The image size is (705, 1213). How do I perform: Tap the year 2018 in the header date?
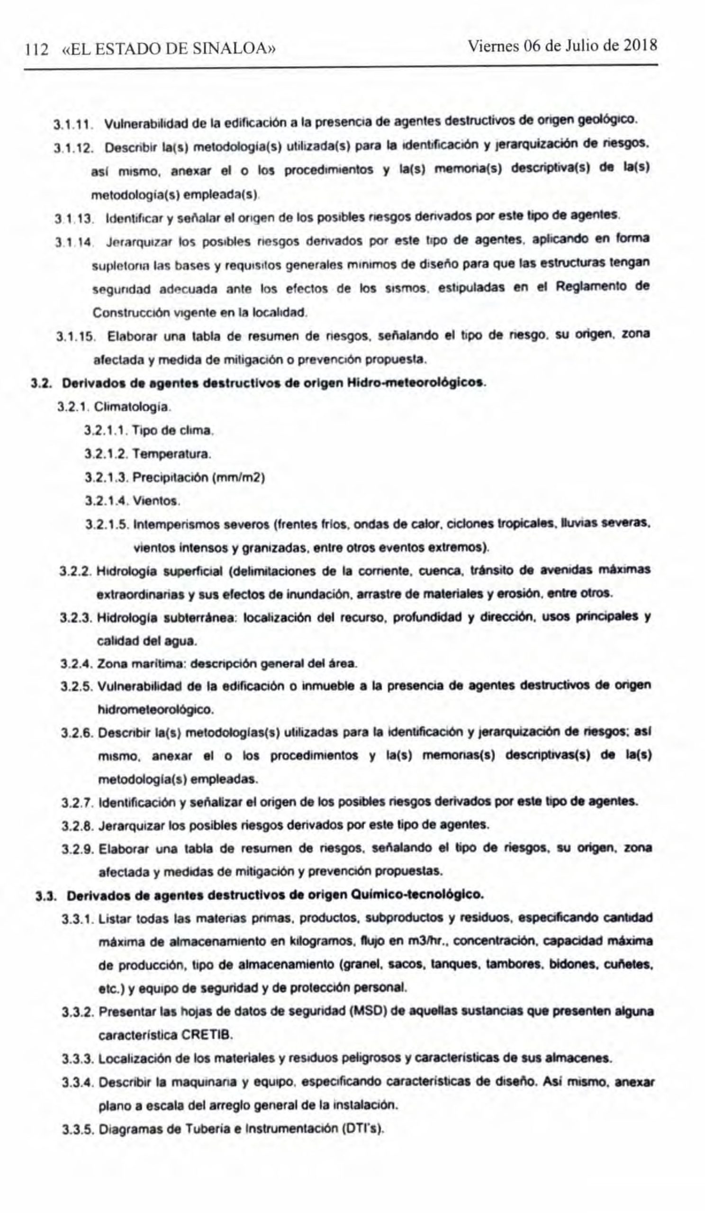click(641, 46)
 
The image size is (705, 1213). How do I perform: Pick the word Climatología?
click(132, 407)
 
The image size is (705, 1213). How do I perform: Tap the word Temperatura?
click(172, 454)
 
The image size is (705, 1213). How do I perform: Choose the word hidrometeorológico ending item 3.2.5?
click(155, 710)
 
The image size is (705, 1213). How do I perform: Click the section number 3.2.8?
click(78, 826)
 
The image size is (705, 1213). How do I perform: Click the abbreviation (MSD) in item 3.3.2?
click(369, 1011)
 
